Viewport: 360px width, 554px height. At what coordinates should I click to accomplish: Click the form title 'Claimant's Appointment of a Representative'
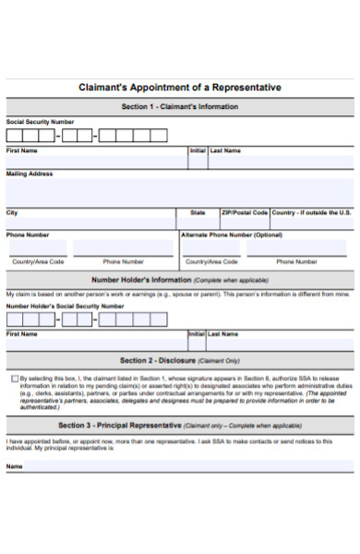pos(180,88)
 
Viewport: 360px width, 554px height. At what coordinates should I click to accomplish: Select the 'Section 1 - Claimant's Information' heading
pos(180,107)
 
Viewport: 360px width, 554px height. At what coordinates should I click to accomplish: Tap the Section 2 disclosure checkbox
pos(14,379)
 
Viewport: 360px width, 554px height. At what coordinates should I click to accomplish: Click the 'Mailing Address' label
pos(30,174)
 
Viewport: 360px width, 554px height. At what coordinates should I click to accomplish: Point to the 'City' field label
pos(12,212)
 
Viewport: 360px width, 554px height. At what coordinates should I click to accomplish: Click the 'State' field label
pos(198,212)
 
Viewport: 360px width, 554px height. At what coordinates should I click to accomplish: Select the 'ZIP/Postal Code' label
pos(244,212)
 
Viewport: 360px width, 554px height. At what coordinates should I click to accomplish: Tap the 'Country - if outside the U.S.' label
pos(311,212)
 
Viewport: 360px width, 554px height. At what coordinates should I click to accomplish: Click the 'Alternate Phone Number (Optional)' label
pos(232,235)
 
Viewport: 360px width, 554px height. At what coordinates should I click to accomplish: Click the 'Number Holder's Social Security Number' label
pos(65,306)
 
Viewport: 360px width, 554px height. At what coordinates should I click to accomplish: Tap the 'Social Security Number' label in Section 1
pos(40,122)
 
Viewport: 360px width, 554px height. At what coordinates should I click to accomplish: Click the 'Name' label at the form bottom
pos(15,466)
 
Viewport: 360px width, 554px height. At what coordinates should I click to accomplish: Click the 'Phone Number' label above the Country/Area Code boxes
pos(28,235)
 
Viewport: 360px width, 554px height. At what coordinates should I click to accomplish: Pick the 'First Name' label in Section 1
pos(22,150)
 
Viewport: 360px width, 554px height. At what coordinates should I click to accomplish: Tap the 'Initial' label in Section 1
pos(198,150)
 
